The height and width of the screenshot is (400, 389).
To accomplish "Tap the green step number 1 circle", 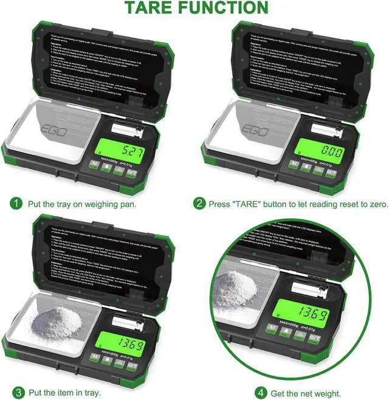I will pos(16,203).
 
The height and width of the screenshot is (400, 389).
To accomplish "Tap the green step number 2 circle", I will pos(200,203).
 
